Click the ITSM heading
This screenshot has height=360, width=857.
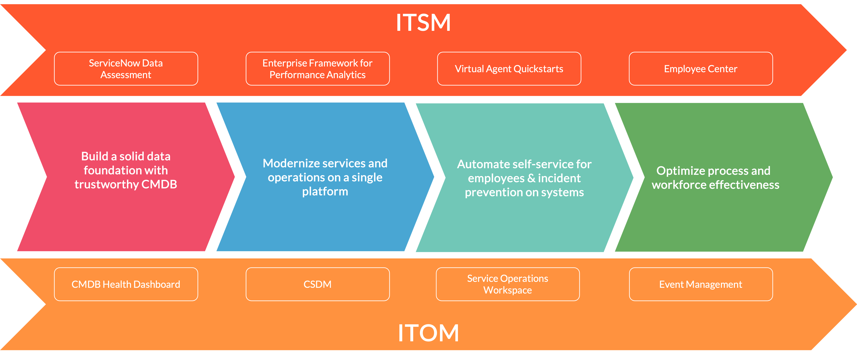(423, 23)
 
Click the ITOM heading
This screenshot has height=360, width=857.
(428, 333)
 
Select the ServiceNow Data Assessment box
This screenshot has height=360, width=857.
(126, 69)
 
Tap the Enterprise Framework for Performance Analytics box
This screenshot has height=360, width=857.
(317, 69)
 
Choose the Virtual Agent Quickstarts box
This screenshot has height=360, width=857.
(509, 69)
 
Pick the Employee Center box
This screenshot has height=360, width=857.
(701, 69)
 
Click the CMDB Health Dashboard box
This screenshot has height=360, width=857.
(126, 284)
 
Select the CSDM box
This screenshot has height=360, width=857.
(317, 284)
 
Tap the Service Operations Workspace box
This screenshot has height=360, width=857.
(508, 284)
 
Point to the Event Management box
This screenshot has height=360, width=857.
(701, 284)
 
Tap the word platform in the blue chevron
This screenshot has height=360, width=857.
(325, 192)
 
